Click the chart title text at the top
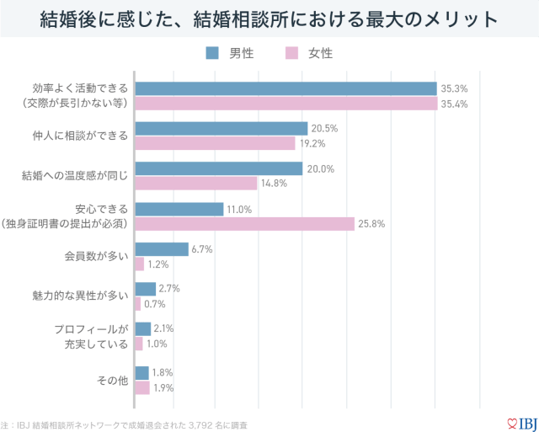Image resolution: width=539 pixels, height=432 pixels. (x=269, y=18)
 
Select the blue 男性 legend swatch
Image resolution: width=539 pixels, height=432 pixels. (x=212, y=53)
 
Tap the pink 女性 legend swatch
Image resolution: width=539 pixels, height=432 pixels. (x=291, y=53)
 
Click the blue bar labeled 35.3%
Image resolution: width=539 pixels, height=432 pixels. (x=286, y=88)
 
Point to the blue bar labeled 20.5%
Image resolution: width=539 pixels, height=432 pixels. (x=221, y=129)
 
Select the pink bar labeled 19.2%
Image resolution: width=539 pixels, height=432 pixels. (x=216, y=143)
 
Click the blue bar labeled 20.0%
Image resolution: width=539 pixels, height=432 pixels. (x=219, y=168)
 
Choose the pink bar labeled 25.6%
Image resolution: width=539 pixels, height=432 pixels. (x=245, y=223)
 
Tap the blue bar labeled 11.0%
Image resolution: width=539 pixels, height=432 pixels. (x=179, y=209)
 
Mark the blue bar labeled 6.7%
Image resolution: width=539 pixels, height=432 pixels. (x=162, y=249)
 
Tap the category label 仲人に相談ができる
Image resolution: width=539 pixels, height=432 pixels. (x=81, y=136)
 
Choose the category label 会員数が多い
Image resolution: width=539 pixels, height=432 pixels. (x=96, y=256)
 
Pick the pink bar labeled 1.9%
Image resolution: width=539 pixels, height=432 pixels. (x=142, y=388)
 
